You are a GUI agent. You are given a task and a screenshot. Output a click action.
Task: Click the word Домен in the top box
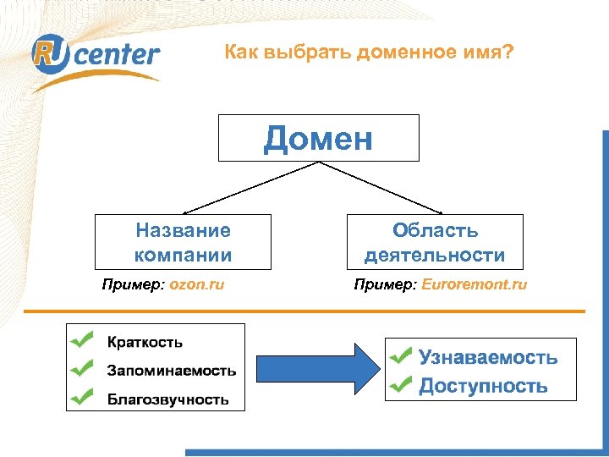(318, 138)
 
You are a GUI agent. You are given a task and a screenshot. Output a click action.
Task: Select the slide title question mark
(507, 53)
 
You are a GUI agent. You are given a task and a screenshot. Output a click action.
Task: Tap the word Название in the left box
(183, 230)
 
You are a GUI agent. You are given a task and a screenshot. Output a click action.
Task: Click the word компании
(183, 255)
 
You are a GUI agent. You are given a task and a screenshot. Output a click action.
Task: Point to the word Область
(435, 230)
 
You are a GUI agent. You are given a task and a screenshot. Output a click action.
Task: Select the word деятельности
(435, 255)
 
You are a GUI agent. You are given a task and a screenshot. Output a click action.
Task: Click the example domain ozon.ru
(197, 284)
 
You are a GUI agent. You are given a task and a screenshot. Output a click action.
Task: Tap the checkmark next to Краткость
(83, 340)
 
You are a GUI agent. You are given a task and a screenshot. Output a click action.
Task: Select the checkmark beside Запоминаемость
(83, 368)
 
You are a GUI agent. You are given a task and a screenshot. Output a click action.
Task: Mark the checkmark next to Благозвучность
(83, 396)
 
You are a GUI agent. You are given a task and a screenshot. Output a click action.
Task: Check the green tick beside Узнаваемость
(402, 355)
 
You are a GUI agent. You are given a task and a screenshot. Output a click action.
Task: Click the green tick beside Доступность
(402, 385)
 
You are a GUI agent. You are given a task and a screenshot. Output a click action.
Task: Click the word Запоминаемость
(171, 371)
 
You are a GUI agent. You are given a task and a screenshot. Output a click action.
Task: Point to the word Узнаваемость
(488, 357)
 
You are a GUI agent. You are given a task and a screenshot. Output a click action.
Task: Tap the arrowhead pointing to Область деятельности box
(439, 211)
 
